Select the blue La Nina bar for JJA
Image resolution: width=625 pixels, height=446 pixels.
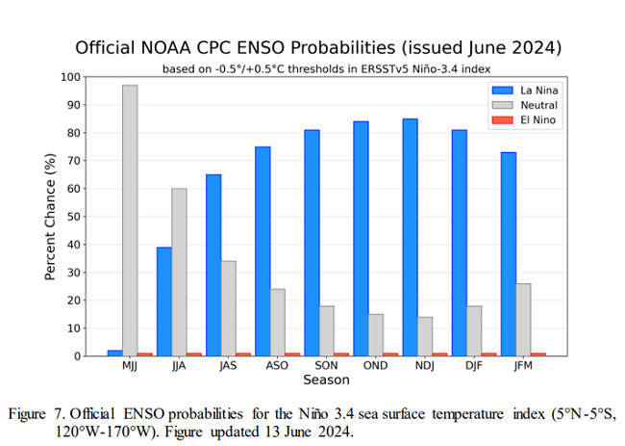click(163, 301)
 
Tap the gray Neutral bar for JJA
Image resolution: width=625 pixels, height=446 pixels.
click(179, 272)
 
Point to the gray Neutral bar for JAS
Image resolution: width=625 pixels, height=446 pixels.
click(228, 308)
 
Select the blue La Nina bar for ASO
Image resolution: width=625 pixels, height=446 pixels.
click(262, 250)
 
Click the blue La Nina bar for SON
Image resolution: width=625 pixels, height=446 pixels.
click(312, 242)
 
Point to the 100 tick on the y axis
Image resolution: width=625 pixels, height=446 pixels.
click(70, 77)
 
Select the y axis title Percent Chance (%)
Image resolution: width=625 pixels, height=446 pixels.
click(51, 217)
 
